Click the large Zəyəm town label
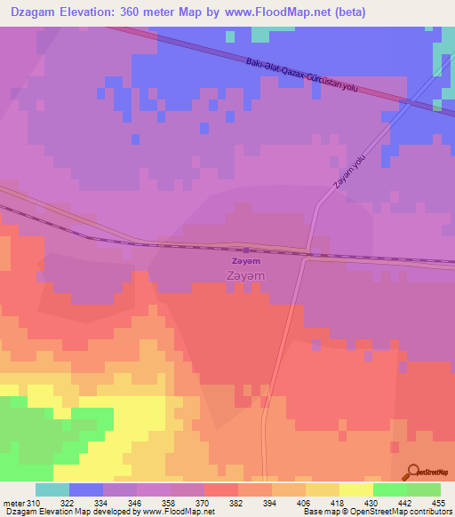(245, 276)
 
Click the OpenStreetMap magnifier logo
(411, 473)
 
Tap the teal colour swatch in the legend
(52, 490)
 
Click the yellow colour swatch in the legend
(355, 490)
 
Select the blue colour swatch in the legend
(85, 490)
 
